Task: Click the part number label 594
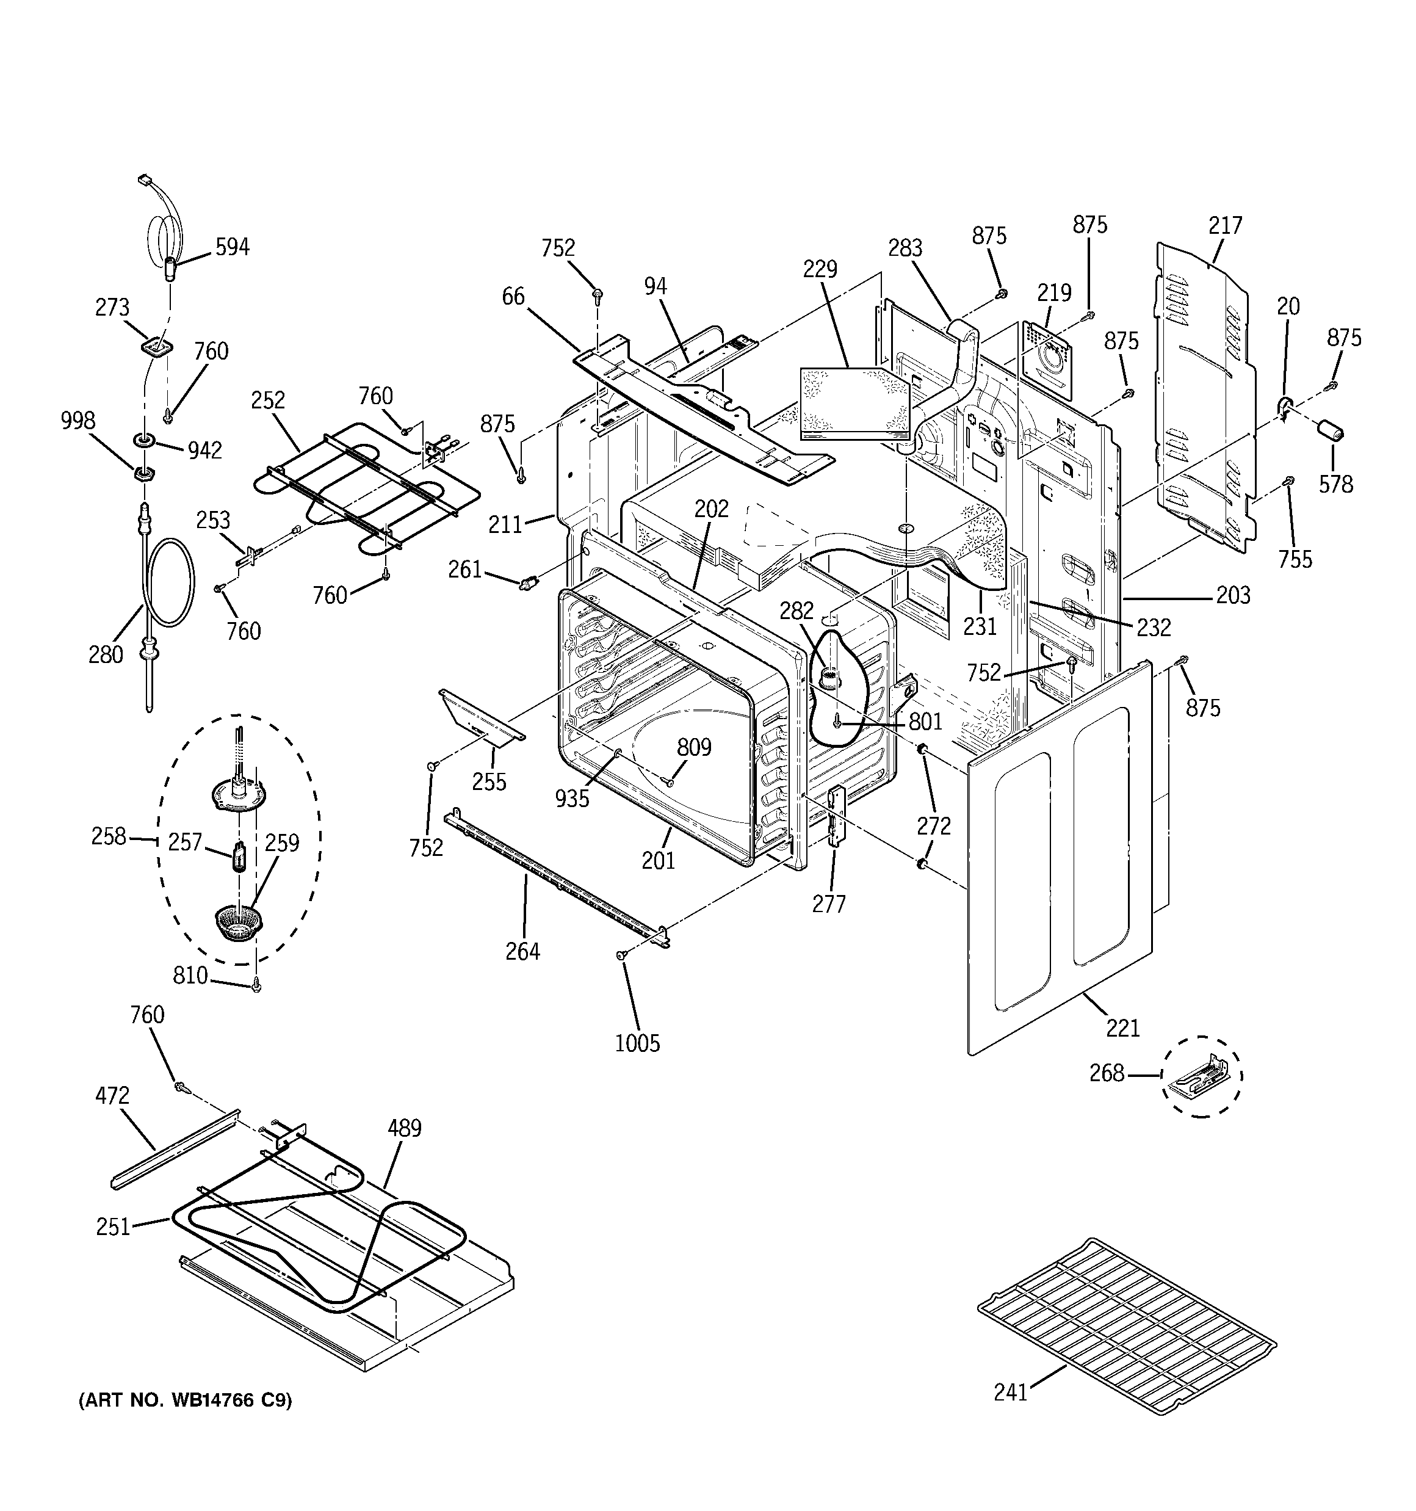click(x=232, y=247)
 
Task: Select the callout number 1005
click(x=637, y=1043)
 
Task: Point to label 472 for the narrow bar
click(x=112, y=1095)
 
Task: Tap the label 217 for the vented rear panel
click(x=1224, y=226)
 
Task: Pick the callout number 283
click(x=905, y=248)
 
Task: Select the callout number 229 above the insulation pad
click(x=820, y=269)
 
